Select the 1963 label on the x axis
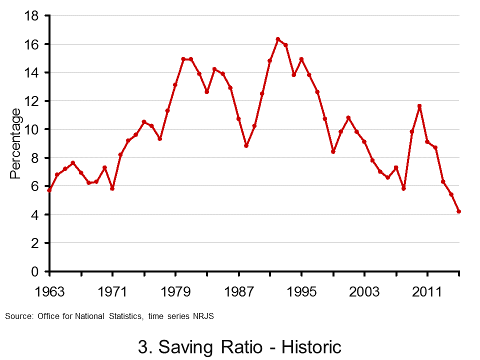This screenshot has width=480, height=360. (x=49, y=291)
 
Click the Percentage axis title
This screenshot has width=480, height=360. (x=16, y=143)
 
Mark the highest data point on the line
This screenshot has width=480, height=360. (x=278, y=39)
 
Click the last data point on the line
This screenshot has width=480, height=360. (x=459, y=211)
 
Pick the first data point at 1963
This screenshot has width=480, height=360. (x=49, y=190)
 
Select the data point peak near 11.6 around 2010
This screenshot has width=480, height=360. (x=419, y=106)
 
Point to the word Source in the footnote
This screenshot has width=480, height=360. (x=18, y=316)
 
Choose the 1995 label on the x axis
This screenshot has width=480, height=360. (x=302, y=291)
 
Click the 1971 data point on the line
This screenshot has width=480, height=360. (x=112, y=188)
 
